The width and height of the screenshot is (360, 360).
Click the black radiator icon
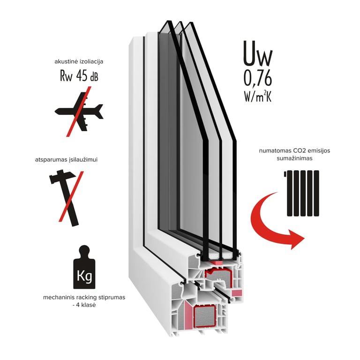303,193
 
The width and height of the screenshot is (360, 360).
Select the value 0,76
257,77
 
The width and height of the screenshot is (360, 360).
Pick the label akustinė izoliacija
78,61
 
